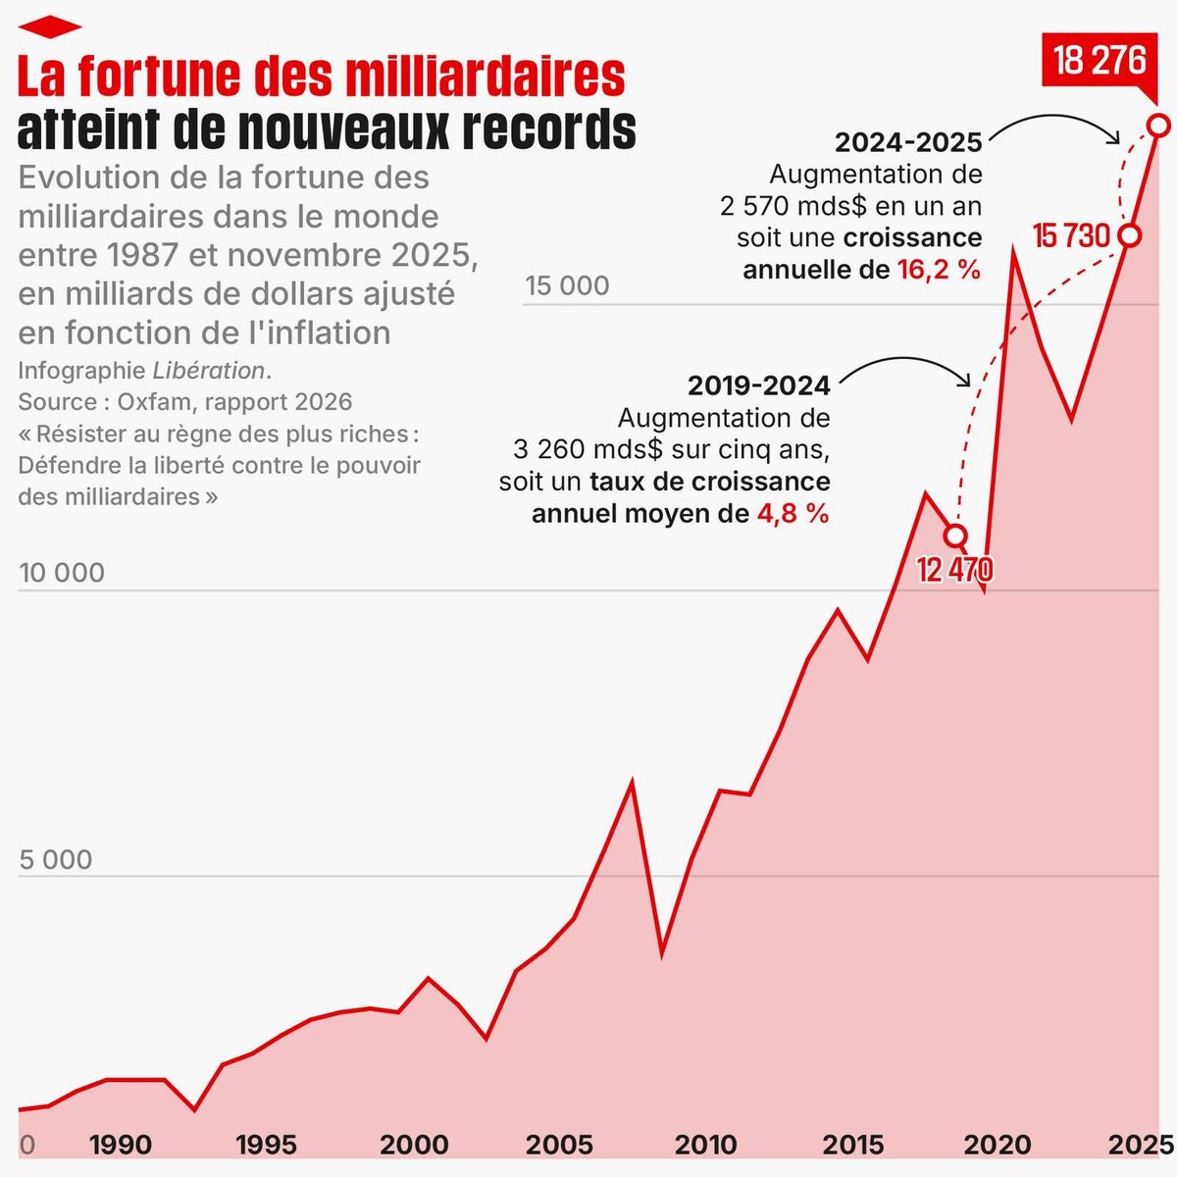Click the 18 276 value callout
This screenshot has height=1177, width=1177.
coord(1100,61)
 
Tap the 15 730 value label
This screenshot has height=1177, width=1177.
coord(1070,236)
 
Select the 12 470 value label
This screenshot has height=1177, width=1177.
coord(954,569)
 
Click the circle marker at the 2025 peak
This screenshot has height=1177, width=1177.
coord(1158,126)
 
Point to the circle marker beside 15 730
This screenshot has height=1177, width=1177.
coord(1130,235)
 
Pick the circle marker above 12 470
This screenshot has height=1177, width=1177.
coord(955,536)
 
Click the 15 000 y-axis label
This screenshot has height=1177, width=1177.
coord(567,286)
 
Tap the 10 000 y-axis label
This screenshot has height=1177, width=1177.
coord(62,573)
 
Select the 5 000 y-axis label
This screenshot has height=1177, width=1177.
coord(56,860)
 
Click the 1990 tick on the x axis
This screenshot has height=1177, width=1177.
coord(120,1145)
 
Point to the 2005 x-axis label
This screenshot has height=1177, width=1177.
coord(559,1145)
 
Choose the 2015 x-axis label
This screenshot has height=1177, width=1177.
coord(852,1145)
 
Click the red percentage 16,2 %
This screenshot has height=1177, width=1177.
coord(939,270)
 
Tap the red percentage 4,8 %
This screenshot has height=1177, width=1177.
coord(792,513)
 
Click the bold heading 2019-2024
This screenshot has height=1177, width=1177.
coord(758,385)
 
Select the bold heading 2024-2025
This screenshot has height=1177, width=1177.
coord(908,143)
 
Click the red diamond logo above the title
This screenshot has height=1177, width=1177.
coord(49,26)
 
